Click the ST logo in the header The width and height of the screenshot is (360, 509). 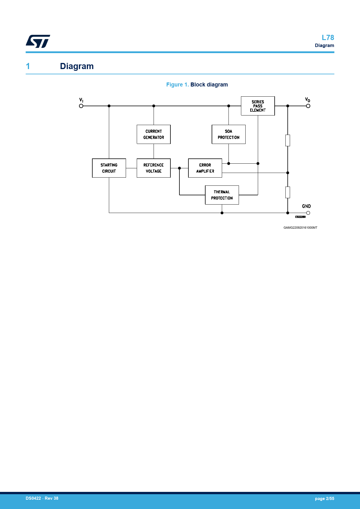(38, 41)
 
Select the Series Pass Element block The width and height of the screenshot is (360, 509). (258, 106)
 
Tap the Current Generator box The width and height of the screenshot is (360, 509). (154, 134)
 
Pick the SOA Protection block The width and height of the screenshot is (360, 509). (228, 134)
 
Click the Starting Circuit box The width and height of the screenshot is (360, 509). (109, 168)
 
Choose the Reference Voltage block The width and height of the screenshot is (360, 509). (154, 168)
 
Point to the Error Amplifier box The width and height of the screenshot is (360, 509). (205, 168)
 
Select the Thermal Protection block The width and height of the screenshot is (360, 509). (222, 195)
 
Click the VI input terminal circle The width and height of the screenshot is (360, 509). (81, 106)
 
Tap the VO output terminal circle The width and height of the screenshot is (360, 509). (308, 106)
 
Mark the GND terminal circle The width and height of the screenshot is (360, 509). (308, 213)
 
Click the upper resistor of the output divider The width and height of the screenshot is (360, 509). (288, 140)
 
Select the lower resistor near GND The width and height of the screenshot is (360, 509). (288, 192)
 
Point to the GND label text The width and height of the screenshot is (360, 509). (306, 206)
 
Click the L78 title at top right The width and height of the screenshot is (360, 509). (328, 38)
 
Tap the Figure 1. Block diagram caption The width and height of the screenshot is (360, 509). (197, 85)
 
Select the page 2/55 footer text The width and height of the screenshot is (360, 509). (324, 499)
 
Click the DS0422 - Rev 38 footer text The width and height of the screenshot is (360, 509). (42, 498)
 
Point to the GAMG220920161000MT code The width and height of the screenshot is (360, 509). (300, 228)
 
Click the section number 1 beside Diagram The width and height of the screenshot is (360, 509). (28, 66)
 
